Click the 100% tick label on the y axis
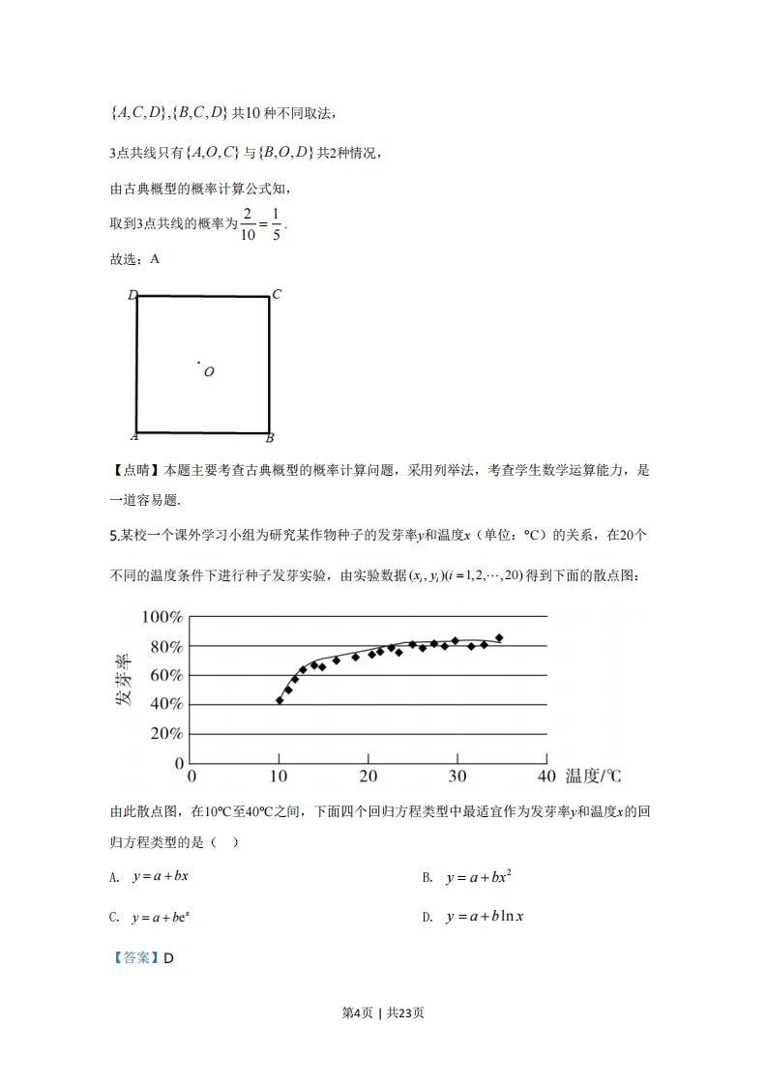click(162, 617)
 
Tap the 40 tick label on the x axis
click(546, 777)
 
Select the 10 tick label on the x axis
click(280, 777)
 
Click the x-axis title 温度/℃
click(593, 776)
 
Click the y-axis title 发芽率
click(125, 683)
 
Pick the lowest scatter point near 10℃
click(280, 700)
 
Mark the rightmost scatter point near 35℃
click(499, 638)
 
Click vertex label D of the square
click(133, 295)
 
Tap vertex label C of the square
click(276, 295)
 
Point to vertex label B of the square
click(270, 438)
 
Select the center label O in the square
click(209, 372)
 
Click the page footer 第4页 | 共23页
click(384, 1012)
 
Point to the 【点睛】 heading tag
click(135, 471)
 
